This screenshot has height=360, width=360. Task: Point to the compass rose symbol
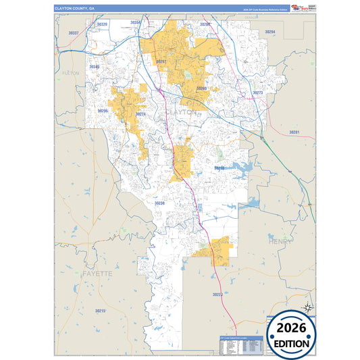(307, 307)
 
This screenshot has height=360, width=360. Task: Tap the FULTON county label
(70, 72)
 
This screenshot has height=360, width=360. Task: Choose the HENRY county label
(280, 241)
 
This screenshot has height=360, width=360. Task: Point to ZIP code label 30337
(74, 32)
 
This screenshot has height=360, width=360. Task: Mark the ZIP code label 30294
(270, 32)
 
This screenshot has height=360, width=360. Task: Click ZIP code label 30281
(294, 132)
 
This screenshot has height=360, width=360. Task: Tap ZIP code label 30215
(100, 311)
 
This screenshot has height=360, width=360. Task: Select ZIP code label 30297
(161, 61)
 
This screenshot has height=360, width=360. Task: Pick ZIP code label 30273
(257, 93)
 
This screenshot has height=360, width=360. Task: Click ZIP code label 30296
(103, 111)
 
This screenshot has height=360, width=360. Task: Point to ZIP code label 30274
(140, 114)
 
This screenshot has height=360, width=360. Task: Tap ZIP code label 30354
(135, 22)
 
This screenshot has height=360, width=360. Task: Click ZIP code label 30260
(201, 88)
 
